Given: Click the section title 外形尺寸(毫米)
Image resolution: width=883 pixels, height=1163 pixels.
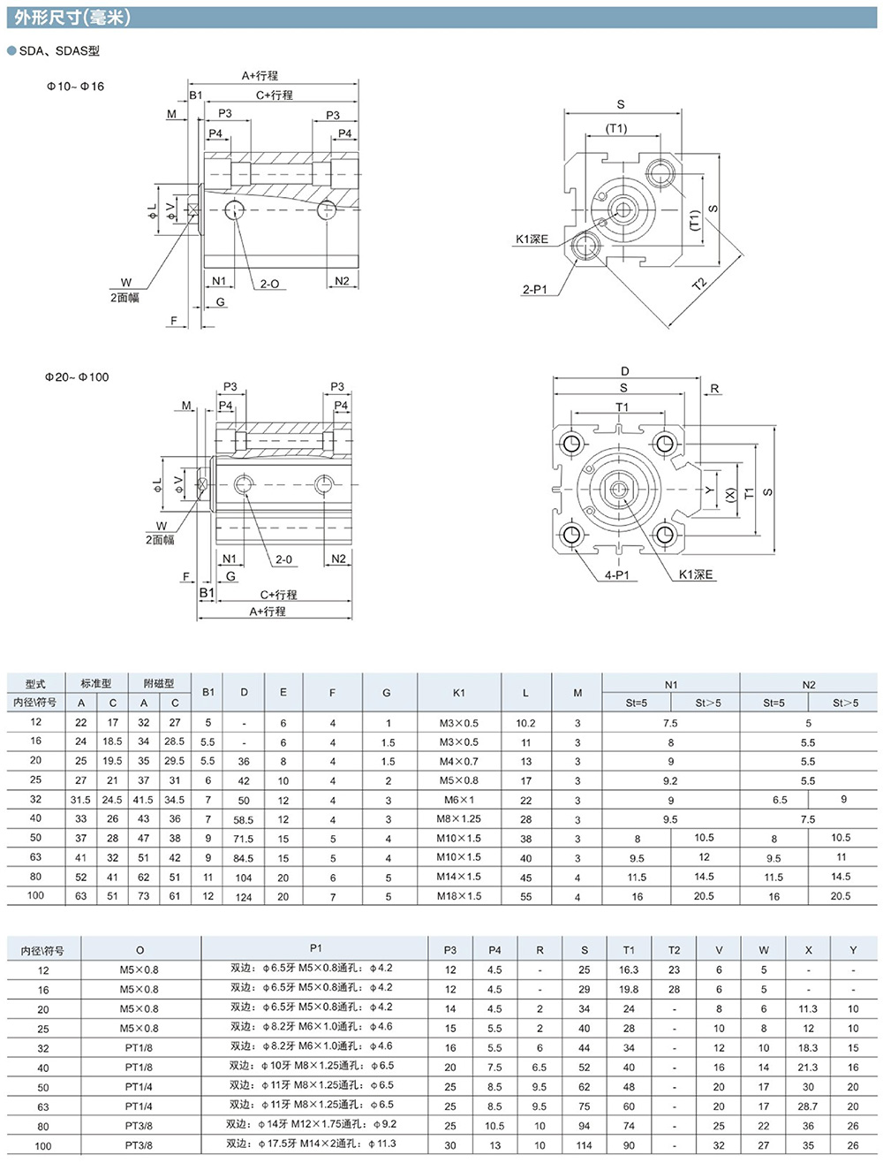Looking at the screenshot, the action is tap(72, 18).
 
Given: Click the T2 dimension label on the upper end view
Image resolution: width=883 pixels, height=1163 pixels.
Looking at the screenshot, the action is tap(699, 284).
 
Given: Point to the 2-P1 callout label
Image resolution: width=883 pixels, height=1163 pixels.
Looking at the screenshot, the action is tap(535, 289).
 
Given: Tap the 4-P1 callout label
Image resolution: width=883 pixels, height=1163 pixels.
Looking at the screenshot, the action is tap(616, 575).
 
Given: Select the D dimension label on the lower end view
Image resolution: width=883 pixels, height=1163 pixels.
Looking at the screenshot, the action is tap(625, 371).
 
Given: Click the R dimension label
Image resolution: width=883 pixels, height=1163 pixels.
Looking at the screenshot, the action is tap(714, 388).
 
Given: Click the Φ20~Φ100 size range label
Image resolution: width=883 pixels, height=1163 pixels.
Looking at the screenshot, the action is tap(77, 377).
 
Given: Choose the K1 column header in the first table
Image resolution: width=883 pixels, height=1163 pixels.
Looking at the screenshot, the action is tap(459, 693).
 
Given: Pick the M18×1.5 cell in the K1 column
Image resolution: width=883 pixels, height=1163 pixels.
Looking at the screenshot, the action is tap(459, 896).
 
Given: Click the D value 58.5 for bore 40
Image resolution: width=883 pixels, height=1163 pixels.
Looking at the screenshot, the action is tap(244, 820).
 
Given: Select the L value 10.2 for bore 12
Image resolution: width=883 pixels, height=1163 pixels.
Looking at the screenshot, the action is tap(525, 723).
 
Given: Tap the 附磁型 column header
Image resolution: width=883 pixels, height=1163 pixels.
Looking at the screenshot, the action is tap(159, 683).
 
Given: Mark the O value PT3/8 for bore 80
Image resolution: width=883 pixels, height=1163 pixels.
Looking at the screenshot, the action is tap(139, 1125).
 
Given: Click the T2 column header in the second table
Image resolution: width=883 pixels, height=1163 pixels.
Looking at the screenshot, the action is tap(674, 950).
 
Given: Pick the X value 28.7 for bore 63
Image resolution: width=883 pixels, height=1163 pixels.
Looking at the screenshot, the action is tap(808, 1106).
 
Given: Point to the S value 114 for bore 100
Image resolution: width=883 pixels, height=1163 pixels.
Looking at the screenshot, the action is tap(584, 1145).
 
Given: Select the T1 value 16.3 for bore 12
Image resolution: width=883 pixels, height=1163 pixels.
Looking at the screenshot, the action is tap(629, 969).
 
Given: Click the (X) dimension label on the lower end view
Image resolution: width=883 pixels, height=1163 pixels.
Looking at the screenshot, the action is tap(731, 496).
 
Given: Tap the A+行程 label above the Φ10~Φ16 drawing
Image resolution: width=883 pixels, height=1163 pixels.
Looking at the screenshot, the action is tap(260, 76).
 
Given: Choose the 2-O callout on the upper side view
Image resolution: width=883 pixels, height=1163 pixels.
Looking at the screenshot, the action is tap(269, 284).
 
